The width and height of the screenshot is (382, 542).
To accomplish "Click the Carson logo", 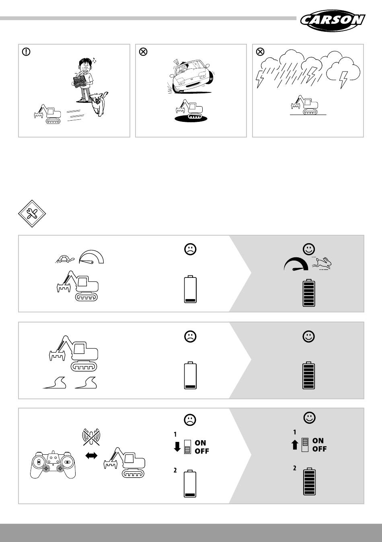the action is tap(333, 21).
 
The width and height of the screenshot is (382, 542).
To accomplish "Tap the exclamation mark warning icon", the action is tap(26, 51).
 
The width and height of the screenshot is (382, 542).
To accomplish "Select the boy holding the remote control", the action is tap(84, 79).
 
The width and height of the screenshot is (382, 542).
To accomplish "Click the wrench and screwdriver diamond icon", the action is tap(32, 214).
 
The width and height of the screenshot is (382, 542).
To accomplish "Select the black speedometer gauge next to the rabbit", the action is tap(296, 264).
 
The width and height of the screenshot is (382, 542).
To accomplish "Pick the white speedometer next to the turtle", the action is tap(91, 257).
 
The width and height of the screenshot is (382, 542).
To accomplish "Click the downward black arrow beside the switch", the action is tap(177, 447).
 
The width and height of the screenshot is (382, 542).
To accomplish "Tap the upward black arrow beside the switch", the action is tap(295, 445).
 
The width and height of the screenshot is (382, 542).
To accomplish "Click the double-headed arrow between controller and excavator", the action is tap(91, 456).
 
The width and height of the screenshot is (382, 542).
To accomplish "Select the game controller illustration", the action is tap(53, 464).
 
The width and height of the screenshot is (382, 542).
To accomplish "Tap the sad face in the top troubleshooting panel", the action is tap(190, 249).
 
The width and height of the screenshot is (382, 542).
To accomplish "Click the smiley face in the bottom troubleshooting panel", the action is tap(310, 418).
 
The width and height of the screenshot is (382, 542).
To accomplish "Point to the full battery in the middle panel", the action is tap(309, 375).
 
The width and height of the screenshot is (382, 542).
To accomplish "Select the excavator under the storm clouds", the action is tap(304, 105).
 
